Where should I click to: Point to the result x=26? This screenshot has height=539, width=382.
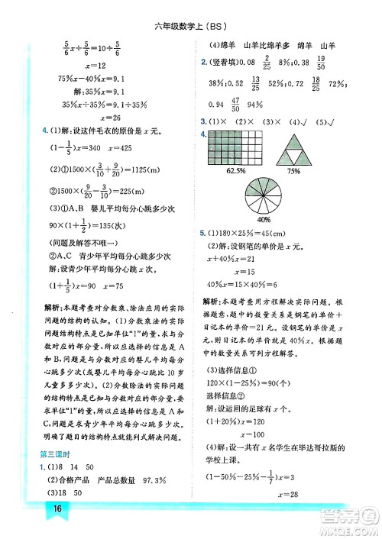(x=96, y=118)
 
